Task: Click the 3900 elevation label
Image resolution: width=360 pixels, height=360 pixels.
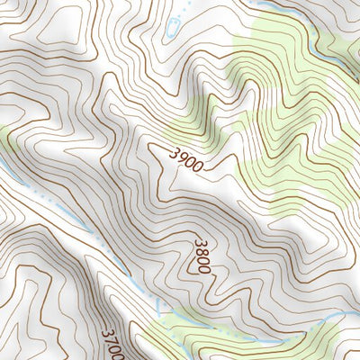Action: click(185, 159)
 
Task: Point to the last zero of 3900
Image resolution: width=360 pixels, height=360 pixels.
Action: click(197, 167)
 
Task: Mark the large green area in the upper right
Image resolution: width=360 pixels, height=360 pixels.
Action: click(288, 99)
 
